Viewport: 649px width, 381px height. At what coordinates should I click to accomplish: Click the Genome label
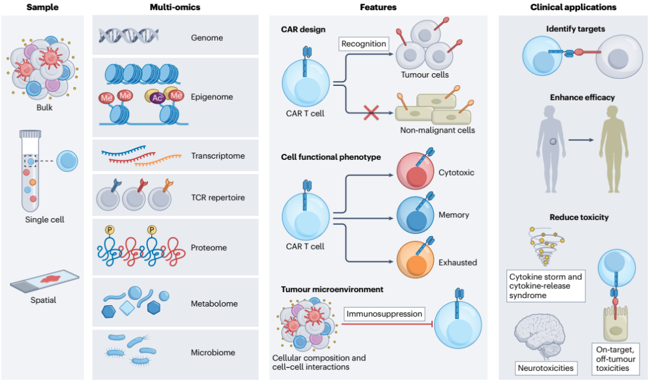[206, 38]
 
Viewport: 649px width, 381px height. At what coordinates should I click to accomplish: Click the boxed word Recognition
[363, 43]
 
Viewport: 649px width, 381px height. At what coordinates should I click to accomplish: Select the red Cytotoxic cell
[415, 172]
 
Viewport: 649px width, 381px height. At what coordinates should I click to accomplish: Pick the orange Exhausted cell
[415, 261]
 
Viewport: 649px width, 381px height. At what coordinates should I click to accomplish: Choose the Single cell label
[44, 219]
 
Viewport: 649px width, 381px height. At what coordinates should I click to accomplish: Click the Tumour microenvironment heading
[332, 289]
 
